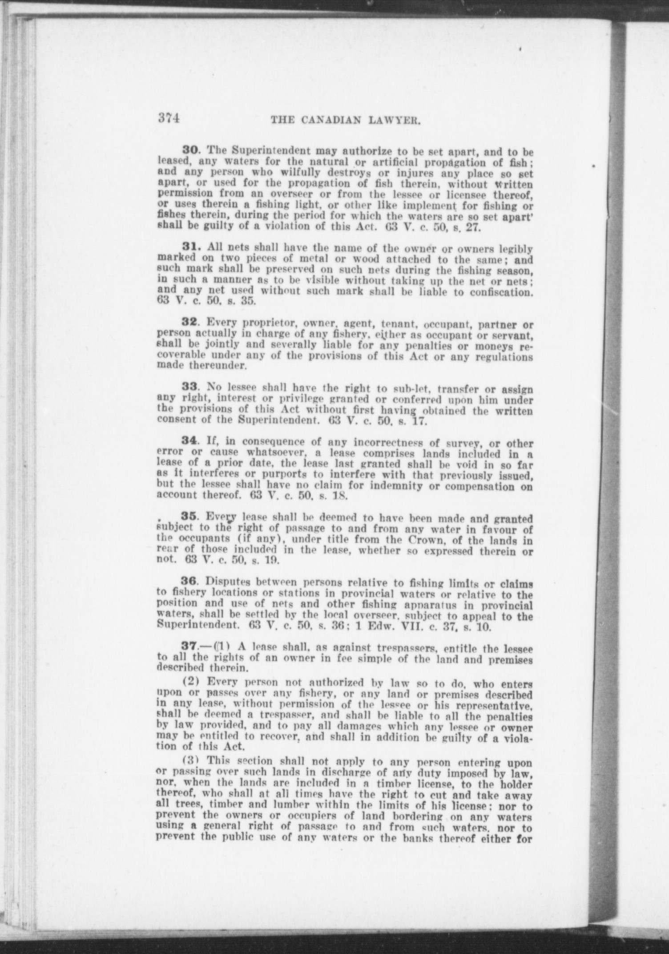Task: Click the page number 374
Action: pyautogui.click(x=168, y=120)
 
